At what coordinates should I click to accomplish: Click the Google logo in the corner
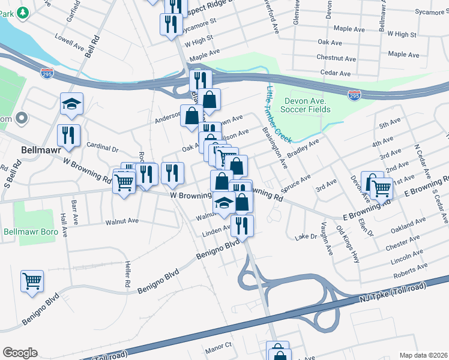coord(20,353)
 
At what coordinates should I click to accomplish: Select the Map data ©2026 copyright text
coord(423,355)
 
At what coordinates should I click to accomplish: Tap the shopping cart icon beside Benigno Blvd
coord(32,281)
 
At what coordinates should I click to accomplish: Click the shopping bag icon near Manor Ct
coord(278,352)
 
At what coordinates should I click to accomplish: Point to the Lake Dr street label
coord(306,237)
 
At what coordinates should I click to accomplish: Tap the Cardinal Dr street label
coord(103,146)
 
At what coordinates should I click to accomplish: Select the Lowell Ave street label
coord(70,43)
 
